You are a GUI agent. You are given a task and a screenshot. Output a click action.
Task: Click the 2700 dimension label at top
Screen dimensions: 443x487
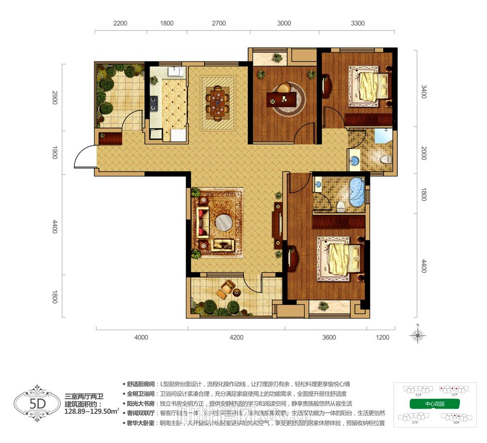point(219,23)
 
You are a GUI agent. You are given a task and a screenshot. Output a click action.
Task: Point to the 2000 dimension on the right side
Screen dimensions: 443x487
point(424,155)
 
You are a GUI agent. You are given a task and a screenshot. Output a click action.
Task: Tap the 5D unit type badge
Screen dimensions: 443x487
point(37,403)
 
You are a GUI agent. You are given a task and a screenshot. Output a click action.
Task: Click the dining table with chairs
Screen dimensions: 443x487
point(218,103)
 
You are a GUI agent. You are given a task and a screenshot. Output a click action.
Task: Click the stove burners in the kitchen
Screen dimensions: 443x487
point(154,102)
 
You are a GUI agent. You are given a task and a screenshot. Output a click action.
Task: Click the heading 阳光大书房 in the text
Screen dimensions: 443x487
point(140,404)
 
